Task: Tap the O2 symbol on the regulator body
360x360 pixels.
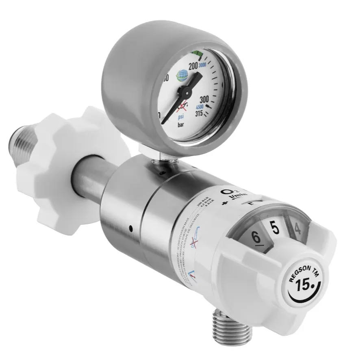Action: pyautogui.click(x=224, y=191)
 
